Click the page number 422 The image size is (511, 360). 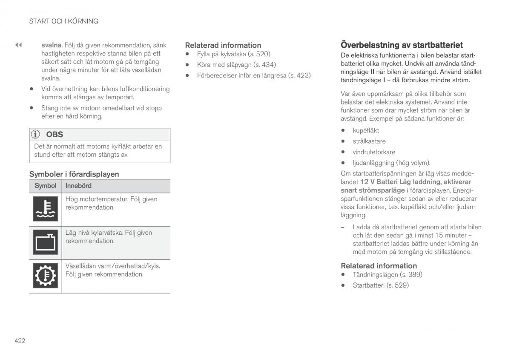point(20,340)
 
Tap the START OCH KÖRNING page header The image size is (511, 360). point(63,21)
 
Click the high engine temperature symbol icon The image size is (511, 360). point(45,210)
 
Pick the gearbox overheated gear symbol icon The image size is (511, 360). point(45,276)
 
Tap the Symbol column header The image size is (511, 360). point(45,186)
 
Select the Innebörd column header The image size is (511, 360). point(78,186)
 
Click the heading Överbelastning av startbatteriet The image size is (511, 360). point(401,45)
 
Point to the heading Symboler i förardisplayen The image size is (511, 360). point(74,174)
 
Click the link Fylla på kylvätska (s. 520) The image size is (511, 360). point(233,54)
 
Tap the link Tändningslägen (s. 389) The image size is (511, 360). point(388,275)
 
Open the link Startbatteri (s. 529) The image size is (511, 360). point(380,285)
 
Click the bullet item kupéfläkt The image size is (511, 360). point(366,130)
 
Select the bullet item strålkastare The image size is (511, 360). point(369,141)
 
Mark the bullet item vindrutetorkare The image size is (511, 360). point(374,152)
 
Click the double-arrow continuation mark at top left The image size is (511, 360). point(18,45)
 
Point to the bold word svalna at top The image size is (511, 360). point(52,45)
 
